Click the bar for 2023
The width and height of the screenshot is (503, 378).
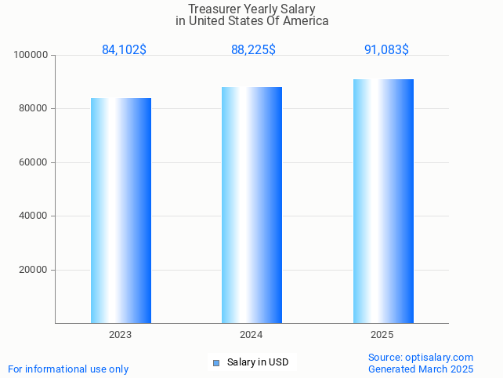pos(121,210)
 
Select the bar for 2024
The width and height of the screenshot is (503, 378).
pos(251,205)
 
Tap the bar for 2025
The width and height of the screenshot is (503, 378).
pos(383,201)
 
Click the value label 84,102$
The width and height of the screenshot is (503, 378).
pos(124,50)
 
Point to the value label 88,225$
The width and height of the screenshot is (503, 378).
pos(253,50)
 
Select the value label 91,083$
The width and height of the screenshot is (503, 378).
pos(386,50)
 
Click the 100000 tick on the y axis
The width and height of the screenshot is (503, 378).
pos(32,55)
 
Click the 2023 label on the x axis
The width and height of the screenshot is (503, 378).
pos(120,335)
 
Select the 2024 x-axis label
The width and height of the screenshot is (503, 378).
pos(251,335)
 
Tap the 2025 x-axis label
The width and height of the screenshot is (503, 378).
pos(382,335)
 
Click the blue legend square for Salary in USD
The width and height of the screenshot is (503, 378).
pos(216,362)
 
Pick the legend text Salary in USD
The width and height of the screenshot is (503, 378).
pos(258,362)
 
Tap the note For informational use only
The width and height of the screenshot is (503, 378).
pos(68,369)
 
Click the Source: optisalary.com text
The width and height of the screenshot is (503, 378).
pos(421,357)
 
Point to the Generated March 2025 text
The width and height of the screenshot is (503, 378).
pos(421,369)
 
